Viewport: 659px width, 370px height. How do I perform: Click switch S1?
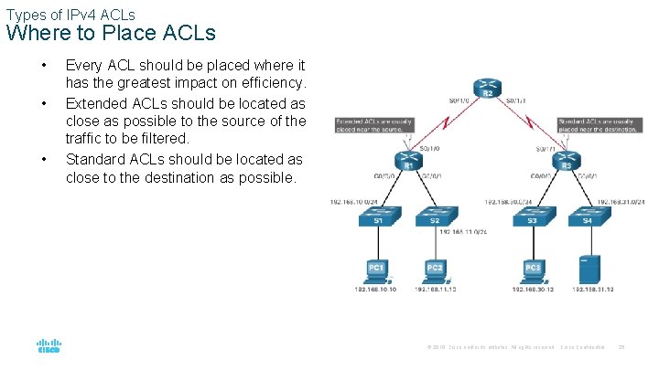coord(378,216)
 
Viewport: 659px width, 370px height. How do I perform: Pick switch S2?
coord(434,216)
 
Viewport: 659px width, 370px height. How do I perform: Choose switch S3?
coord(533,216)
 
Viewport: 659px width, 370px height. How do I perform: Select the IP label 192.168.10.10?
coord(375,290)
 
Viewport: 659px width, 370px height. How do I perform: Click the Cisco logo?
coord(49,347)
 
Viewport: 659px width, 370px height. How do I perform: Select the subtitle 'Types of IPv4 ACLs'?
coord(70,14)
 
